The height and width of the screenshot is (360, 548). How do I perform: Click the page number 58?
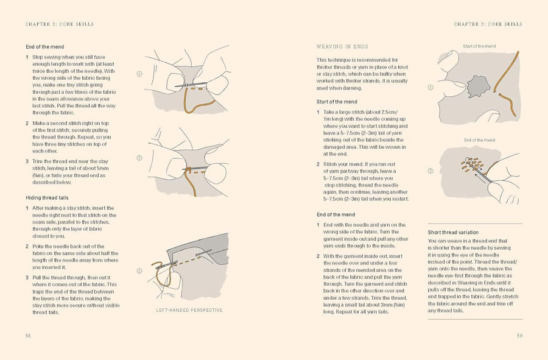[28, 335]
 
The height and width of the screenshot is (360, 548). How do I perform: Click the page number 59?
[519, 335]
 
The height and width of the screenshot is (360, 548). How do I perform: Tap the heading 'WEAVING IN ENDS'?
[342, 46]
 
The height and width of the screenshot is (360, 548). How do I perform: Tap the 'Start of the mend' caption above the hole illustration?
[479, 46]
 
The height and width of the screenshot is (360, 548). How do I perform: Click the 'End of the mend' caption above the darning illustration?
[479, 140]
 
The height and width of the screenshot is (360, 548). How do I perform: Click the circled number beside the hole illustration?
[431, 87]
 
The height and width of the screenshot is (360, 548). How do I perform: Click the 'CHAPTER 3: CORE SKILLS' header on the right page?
[488, 24]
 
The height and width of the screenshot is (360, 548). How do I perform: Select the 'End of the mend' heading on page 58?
[45, 46]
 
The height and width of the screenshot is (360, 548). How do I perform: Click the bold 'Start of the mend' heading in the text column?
[337, 102]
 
